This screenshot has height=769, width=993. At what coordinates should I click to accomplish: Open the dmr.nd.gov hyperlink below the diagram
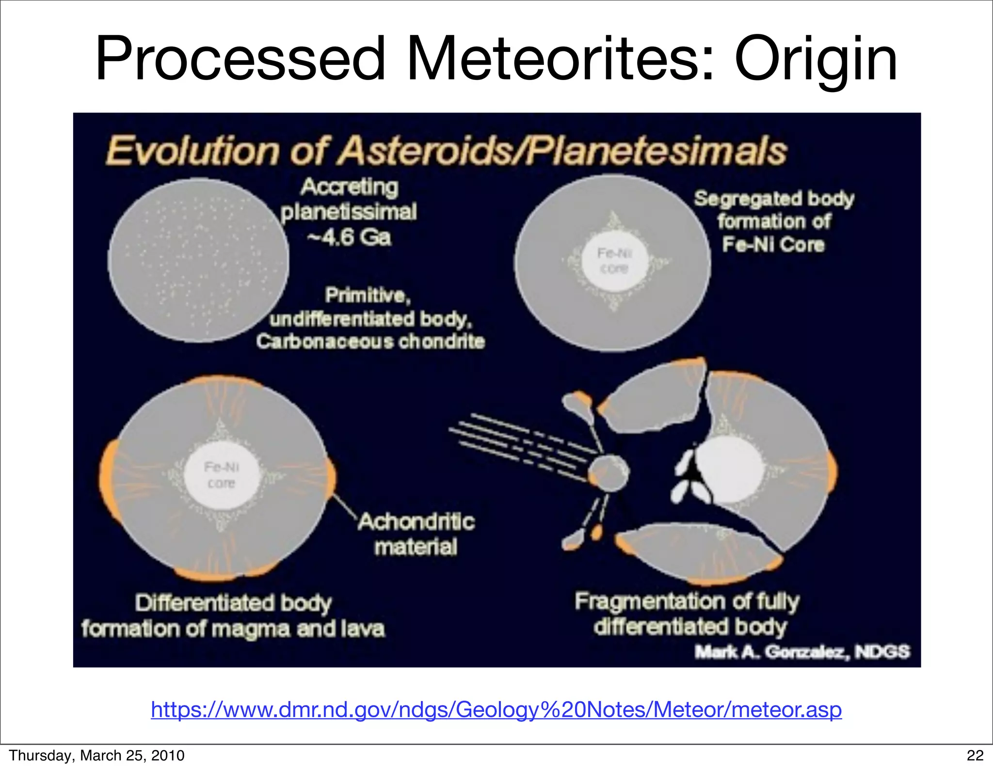tap(496, 709)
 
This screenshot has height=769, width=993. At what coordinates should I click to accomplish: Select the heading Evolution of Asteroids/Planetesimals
tap(446, 151)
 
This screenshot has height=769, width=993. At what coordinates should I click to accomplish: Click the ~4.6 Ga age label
tap(349, 237)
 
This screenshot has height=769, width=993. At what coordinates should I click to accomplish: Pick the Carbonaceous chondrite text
tap(370, 342)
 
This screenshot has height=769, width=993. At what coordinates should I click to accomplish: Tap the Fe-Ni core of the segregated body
tap(614, 261)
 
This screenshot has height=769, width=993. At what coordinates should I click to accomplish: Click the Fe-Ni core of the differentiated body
tap(221, 475)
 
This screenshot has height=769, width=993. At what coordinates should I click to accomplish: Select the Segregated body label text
tap(774, 199)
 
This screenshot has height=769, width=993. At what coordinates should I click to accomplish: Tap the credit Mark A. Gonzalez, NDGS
tap(802, 652)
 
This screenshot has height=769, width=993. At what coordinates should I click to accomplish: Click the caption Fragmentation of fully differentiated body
tap(688, 614)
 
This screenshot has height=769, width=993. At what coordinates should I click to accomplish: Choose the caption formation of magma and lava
tap(233, 629)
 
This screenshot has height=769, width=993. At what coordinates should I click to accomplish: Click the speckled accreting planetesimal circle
tap(198, 260)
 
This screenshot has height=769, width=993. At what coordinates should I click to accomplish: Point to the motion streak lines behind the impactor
tap(514, 441)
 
